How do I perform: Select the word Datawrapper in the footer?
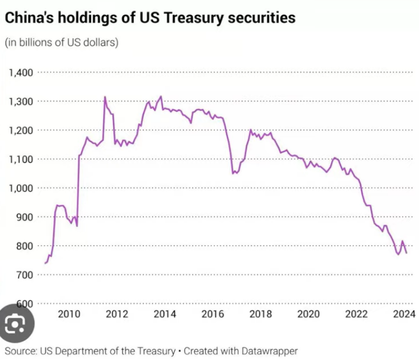(267, 351)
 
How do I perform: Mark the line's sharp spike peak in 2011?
(105, 97)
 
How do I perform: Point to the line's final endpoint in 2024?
(407, 253)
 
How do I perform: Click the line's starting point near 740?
(45, 263)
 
